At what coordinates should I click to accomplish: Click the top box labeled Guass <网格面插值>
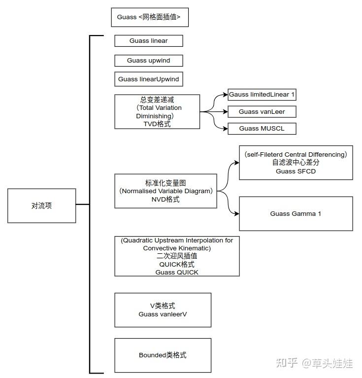click(150, 17)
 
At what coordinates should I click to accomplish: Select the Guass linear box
click(149, 41)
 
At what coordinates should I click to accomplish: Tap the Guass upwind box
click(149, 61)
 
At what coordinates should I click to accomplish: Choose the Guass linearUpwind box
click(149, 79)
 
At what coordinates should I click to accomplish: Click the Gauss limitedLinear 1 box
click(262, 94)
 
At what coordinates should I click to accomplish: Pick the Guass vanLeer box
click(262, 112)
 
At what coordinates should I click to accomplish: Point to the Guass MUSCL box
click(262, 129)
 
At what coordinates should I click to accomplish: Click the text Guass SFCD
click(296, 172)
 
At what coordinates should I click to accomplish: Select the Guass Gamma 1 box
click(296, 214)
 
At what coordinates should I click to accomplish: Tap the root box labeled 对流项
click(41, 206)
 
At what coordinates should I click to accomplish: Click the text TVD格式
click(157, 124)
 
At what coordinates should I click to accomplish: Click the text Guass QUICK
click(177, 272)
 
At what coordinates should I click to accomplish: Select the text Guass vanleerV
click(163, 314)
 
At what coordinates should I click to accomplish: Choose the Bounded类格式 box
click(163, 355)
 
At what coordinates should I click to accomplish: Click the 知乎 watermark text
click(287, 364)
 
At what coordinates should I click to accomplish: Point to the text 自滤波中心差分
click(296, 163)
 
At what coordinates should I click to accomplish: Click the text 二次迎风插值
click(177, 256)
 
